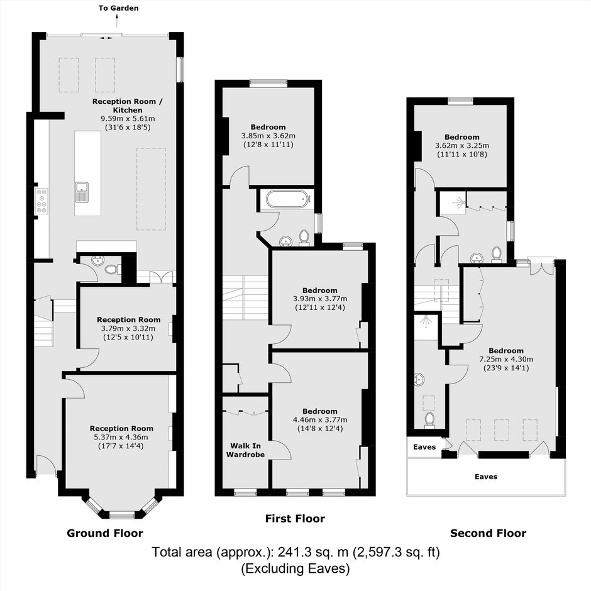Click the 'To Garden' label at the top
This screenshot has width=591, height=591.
coord(118,8)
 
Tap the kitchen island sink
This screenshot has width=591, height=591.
coord(81,192)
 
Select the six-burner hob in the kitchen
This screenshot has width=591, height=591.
coord(41,201)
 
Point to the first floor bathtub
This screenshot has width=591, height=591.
coord(288,199)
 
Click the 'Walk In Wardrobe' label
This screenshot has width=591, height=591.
coord(245,450)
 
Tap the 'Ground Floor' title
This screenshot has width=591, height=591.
coord(105,533)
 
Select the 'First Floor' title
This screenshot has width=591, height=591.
coord(295,519)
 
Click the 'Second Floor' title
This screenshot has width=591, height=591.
coord(488,533)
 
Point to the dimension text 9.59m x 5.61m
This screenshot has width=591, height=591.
coord(128,119)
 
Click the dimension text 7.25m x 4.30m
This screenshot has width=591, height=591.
coord(506,359)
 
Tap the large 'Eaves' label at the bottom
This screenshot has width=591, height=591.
coord(486,477)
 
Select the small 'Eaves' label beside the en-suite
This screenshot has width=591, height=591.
coord(424,447)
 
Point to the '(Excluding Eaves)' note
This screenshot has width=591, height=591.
coord(295,568)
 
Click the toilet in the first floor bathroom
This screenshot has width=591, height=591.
coord(304,238)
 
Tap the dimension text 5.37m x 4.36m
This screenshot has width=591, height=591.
coord(121,437)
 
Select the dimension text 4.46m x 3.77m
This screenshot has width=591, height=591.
coord(320,419)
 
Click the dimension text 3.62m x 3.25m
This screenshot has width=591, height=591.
coord(461,145)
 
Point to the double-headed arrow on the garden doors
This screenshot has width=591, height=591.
coord(106,38)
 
